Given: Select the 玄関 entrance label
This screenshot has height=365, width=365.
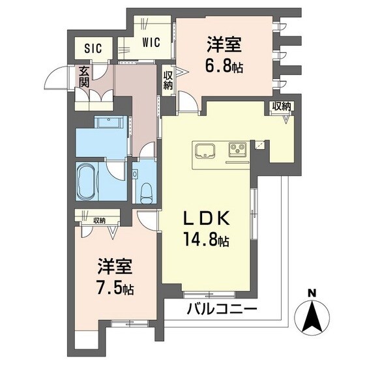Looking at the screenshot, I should point(84,76).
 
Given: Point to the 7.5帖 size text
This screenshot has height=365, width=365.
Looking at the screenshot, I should point(117,287).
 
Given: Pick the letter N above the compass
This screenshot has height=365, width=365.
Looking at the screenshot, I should point(312,292).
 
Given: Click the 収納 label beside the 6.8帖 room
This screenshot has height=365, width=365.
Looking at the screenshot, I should point(168,80).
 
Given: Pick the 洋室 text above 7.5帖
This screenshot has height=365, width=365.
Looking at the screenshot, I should point(116,267).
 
